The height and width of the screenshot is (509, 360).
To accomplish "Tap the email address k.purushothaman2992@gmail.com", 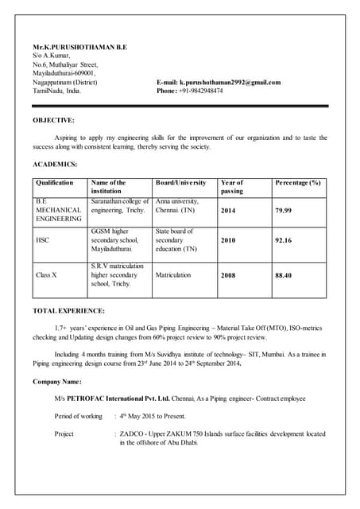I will tap(230, 82).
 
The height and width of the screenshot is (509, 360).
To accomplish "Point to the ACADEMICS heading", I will tap(55, 164).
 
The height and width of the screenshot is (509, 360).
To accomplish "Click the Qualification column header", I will tap(55, 183).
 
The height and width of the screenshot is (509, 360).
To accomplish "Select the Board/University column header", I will tap(183, 183).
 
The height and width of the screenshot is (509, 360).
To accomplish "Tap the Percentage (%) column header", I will tap(298, 183).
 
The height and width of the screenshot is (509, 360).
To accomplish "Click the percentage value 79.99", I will tap(284, 211).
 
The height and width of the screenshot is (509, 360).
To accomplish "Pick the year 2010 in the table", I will tap(228, 239).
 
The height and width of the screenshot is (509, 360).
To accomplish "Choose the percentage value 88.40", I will tap(284, 275).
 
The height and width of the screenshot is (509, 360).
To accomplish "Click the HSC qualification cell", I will tap(43, 239).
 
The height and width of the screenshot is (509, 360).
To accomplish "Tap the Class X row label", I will tap(46, 275).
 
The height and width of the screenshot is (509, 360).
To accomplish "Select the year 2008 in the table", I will tap(228, 275).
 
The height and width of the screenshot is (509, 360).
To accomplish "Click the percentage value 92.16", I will tap(284, 239).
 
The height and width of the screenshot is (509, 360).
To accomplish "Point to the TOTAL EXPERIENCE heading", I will tap(68, 310).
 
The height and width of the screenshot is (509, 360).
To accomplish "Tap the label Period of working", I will tap(79, 416).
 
